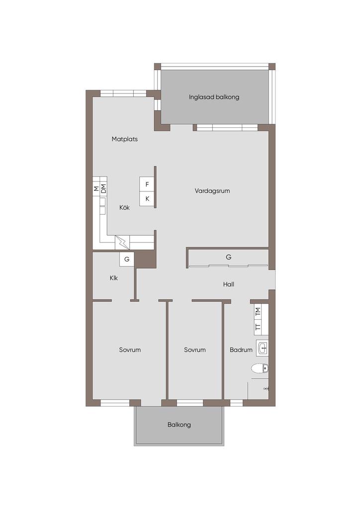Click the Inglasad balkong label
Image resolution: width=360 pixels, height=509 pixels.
[214, 97]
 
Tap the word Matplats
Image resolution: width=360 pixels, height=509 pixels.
[125, 139]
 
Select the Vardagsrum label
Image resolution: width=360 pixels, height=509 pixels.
[212, 191]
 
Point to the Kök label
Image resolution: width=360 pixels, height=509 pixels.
[124, 207]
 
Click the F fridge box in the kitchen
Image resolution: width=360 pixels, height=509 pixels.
[147, 184]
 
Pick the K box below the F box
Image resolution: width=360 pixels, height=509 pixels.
[147, 199]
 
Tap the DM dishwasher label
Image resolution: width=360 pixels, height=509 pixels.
[103, 188]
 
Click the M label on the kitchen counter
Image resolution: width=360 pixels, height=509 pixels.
[96, 188]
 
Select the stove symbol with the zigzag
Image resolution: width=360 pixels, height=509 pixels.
[122, 243]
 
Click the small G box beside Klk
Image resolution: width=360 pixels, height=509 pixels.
[127, 259]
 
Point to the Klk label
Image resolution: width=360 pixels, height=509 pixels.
[113, 278]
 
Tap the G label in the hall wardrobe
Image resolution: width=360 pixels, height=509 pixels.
[229, 257]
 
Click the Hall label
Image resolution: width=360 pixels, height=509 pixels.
[229, 284]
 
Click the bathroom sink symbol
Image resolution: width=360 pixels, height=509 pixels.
[262, 348]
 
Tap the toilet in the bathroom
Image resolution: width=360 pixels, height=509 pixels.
[260, 368]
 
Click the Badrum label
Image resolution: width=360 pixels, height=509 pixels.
[241, 350]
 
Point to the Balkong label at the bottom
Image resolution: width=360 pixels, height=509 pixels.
[179, 424]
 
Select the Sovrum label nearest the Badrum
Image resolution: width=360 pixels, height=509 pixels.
[195, 350]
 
